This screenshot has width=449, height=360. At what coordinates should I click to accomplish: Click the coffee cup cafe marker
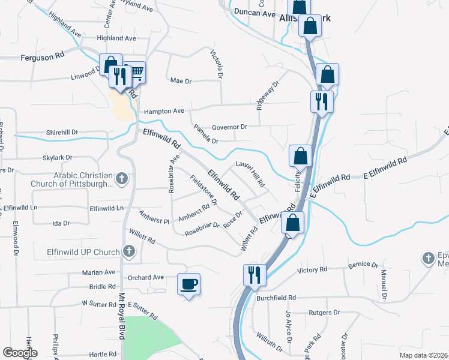pyautogui.click(x=188, y=283)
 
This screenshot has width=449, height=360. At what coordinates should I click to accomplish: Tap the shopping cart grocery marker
pyautogui.click(x=136, y=73)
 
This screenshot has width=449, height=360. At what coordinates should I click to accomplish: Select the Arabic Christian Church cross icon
pyautogui.click(x=122, y=178)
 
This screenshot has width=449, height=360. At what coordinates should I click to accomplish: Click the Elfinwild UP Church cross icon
pyautogui.click(x=127, y=251)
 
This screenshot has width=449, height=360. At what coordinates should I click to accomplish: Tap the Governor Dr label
pyautogui.click(x=229, y=127)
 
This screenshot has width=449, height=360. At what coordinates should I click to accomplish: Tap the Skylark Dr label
pyautogui.click(x=58, y=157)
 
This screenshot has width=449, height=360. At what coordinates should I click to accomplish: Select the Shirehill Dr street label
pyautogui.click(x=62, y=132)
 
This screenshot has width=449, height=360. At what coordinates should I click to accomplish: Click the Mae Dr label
pyautogui.click(x=180, y=80)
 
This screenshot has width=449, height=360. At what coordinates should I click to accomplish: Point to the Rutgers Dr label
pyautogui.click(x=324, y=313)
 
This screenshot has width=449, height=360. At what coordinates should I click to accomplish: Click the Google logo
pyautogui.click(x=20, y=353)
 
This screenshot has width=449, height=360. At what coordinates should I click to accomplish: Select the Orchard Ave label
pyautogui.click(x=146, y=278)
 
